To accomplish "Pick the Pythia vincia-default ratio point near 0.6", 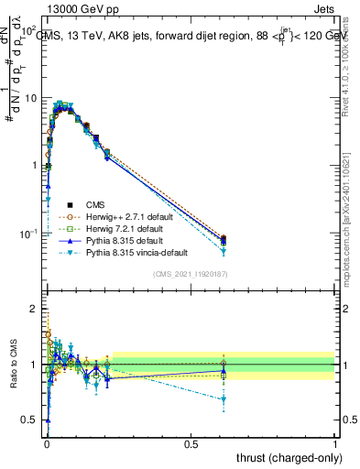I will coord(224,399).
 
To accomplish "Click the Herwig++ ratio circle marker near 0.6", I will coord(224,364).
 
